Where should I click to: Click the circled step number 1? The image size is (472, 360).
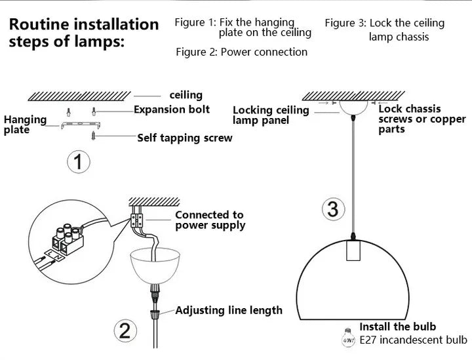(x=79, y=161)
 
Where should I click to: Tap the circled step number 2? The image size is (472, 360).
(x=125, y=330)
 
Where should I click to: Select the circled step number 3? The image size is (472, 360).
(x=333, y=209)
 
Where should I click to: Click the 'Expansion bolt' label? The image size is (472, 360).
(x=172, y=110)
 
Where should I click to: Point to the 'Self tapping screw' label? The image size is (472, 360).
(x=184, y=138)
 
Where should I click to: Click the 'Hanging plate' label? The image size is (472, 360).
(x=25, y=125)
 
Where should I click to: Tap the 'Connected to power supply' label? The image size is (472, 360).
(x=210, y=220)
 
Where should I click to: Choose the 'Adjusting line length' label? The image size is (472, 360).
(x=229, y=310)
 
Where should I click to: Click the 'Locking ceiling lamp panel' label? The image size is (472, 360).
(x=270, y=115)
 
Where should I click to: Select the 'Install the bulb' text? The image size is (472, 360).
(x=397, y=327)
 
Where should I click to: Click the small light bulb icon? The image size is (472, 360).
(x=347, y=338)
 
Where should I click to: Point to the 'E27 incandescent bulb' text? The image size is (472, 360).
(x=414, y=340)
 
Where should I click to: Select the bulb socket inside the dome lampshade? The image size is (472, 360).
(x=355, y=252)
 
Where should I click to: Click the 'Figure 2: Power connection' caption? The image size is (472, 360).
(x=241, y=52)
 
